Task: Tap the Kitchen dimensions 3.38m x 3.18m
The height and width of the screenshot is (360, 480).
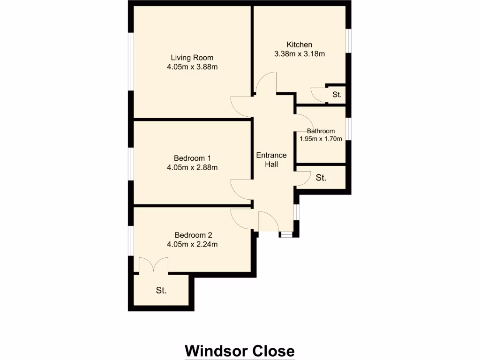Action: click(300, 53)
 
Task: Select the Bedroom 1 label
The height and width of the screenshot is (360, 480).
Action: click(192, 158)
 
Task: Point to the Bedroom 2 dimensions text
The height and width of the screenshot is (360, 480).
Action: click(192, 244)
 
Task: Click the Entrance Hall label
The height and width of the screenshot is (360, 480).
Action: click(271, 159)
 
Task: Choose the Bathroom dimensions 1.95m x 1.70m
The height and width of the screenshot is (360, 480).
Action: click(321, 138)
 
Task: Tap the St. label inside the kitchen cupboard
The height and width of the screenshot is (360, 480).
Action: click(337, 95)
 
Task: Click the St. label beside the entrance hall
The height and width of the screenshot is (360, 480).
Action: click(321, 178)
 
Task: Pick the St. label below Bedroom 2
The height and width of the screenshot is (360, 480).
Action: click(161, 291)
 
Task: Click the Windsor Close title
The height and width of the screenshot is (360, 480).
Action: click(240, 351)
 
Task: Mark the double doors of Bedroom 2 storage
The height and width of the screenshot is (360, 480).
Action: click(154, 265)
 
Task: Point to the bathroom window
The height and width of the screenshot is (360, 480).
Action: click(349, 129)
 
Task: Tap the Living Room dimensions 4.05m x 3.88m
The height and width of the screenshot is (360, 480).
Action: click(192, 67)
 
